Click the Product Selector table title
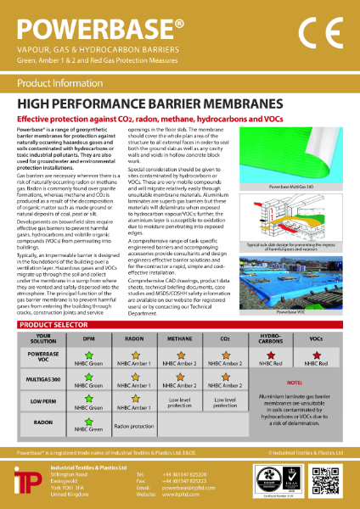click(57, 325)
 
